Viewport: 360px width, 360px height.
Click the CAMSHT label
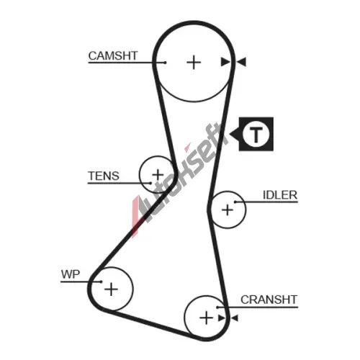point(113,55)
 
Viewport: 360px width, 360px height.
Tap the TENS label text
point(104,176)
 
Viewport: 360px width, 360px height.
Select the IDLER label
point(280,195)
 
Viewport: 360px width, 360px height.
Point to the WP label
point(71,274)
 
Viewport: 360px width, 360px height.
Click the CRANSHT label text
point(269,300)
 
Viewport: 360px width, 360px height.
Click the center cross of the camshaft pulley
point(194,63)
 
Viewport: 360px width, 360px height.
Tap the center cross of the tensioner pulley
point(158,174)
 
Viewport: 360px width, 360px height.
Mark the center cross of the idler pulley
point(228,210)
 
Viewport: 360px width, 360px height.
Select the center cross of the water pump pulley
point(111,289)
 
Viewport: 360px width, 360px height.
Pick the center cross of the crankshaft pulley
point(206,318)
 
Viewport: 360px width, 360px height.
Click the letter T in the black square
point(256,134)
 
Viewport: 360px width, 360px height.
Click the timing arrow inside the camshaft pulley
point(225,62)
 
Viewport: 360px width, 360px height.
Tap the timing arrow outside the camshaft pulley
point(241,62)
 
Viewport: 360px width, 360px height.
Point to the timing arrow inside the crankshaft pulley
point(222,318)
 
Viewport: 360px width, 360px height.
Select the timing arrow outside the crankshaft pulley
point(234,318)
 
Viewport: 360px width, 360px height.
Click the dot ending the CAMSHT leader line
point(165,63)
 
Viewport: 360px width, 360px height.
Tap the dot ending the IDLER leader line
point(235,202)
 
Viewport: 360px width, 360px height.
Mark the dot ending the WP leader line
point(101,282)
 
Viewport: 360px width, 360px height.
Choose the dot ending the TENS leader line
point(150,183)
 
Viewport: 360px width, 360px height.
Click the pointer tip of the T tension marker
point(230,134)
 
